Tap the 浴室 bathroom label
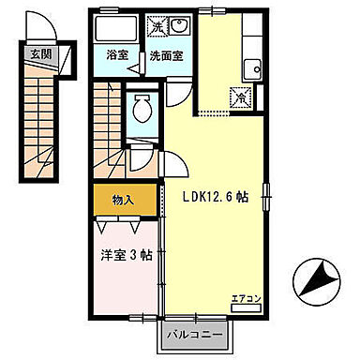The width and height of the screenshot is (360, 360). click(x=117, y=55)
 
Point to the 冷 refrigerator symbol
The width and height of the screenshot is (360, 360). click(x=241, y=96)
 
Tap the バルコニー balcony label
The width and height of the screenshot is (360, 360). click(x=196, y=333)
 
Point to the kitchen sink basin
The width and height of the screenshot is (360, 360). click(x=250, y=68)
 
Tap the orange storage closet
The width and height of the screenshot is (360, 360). click(x=126, y=200)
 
